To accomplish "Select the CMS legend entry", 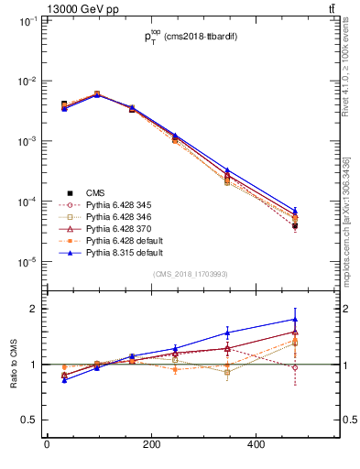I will (96, 192).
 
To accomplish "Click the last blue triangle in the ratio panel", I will (295, 320).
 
